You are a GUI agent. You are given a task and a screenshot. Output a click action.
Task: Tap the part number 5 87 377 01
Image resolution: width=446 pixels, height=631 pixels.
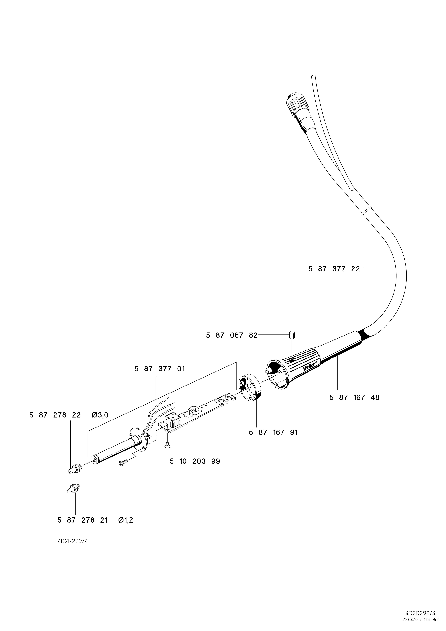[159, 369]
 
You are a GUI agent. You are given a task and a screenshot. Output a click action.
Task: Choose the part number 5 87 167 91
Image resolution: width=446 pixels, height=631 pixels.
[273, 433]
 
